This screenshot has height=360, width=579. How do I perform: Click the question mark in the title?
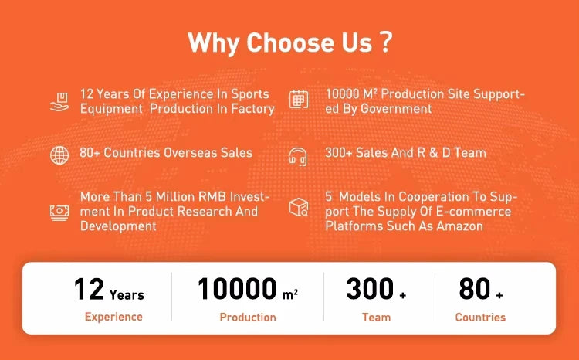[x=385, y=42]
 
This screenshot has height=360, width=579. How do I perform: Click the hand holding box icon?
[x=59, y=102]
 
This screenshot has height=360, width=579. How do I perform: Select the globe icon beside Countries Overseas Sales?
[x=59, y=155]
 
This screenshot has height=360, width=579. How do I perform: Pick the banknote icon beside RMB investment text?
[x=59, y=212]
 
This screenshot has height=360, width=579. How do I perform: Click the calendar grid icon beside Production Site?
[x=299, y=99]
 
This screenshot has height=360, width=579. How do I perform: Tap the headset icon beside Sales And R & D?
[x=298, y=156]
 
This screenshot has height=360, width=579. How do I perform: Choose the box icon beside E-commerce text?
[x=299, y=207]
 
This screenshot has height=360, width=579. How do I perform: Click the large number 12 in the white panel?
[x=89, y=289]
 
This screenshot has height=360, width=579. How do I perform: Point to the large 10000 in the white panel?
[x=237, y=289]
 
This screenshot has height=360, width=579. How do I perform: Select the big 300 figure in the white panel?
[x=370, y=289]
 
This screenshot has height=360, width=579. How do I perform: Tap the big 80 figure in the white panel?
[x=475, y=289]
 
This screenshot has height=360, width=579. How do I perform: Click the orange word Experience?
[x=113, y=317]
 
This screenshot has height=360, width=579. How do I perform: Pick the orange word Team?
[x=376, y=318]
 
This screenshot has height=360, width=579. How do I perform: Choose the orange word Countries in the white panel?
[x=480, y=318]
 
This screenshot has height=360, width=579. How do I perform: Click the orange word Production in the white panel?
[x=248, y=318]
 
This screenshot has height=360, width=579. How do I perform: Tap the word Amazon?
[x=460, y=226]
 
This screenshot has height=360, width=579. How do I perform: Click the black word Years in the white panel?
[x=127, y=295]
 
